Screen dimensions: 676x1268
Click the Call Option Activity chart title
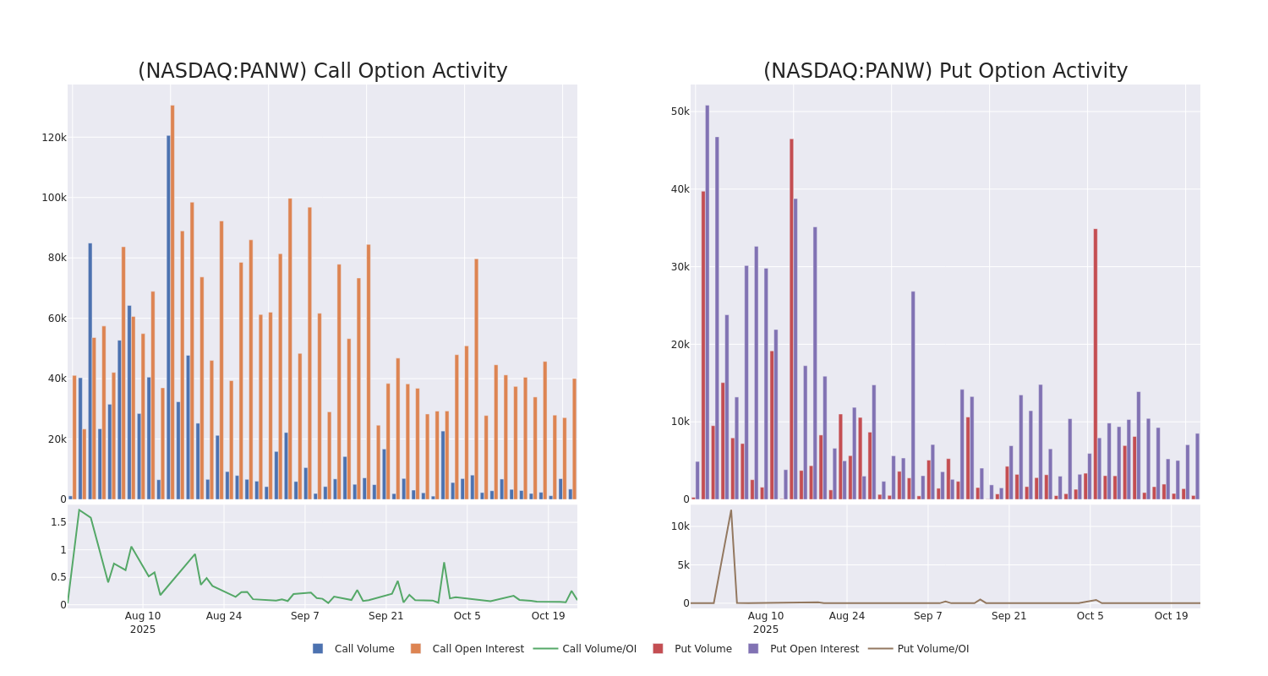pyautogui.click(x=322, y=71)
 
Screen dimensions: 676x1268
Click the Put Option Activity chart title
pyautogui.click(x=945, y=71)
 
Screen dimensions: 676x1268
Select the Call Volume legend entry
pyautogui.click(x=353, y=649)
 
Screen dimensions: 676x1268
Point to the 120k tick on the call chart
pyautogui.click(x=53, y=137)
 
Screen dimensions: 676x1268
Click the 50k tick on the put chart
pyautogui.click(x=680, y=112)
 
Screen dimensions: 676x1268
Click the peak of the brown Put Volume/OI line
pyautogui.click(x=731, y=510)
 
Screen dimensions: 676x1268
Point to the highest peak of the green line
pyautogui.click(x=79, y=510)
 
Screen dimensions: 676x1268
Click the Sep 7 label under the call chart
pyautogui.click(x=305, y=616)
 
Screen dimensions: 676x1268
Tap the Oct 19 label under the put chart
pyautogui.click(x=1171, y=616)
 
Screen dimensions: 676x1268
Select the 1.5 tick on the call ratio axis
pyautogui.click(x=58, y=522)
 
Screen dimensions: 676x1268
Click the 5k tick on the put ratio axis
pyautogui.click(x=680, y=564)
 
